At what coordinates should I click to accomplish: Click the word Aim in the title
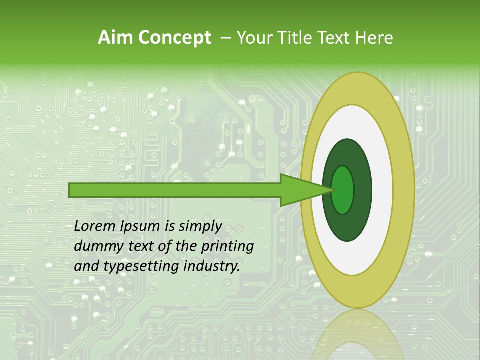(x=115, y=38)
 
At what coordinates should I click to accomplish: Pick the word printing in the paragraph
(x=227, y=247)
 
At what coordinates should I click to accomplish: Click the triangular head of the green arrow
(x=300, y=190)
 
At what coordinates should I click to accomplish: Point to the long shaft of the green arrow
(x=175, y=190)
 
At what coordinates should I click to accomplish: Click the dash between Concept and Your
(x=225, y=38)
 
